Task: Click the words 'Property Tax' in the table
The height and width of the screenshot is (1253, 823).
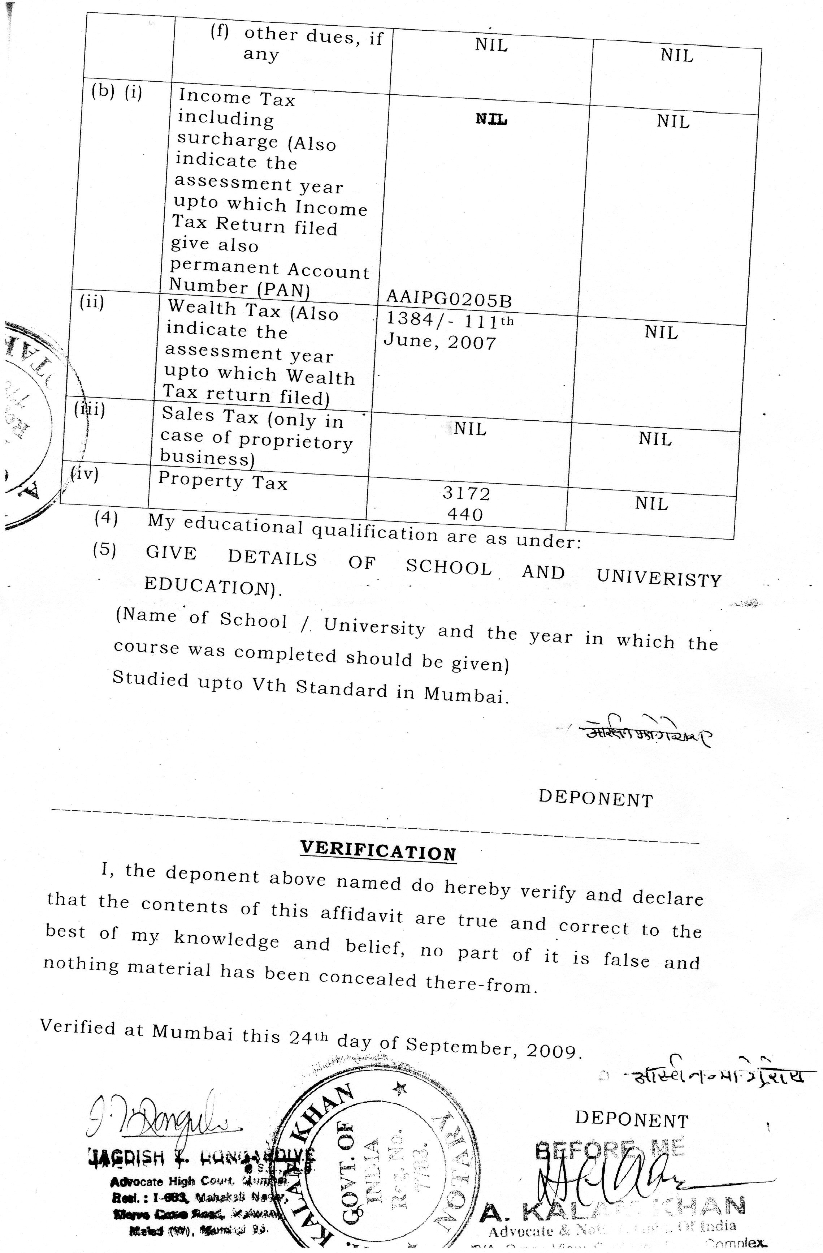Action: pyautogui.click(x=222, y=481)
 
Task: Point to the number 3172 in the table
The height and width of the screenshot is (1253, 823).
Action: pyautogui.click(x=466, y=493)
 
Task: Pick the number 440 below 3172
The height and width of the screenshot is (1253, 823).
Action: pyautogui.click(x=465, y=514)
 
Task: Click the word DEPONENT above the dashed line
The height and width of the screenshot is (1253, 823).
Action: pyautogui.click(x=595, y=799)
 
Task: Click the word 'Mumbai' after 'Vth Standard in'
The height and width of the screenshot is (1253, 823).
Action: pyautogui.click(x=466, y=695)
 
